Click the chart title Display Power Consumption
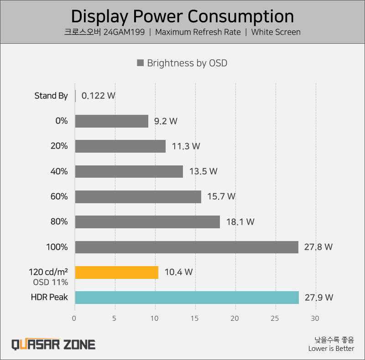182,16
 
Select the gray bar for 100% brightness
186,247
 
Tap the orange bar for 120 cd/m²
116,272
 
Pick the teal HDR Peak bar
187,298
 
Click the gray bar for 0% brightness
111,121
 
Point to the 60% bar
138,196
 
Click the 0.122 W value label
98,96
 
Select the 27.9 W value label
318,298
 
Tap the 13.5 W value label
203,171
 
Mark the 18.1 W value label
240,222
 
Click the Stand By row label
51,96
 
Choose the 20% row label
59,146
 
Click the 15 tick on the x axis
195,318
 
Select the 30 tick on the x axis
315,318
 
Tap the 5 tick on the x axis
115,318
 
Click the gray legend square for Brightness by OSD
141,63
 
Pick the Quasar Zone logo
53,344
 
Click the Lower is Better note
331,349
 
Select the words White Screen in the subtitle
276,32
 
